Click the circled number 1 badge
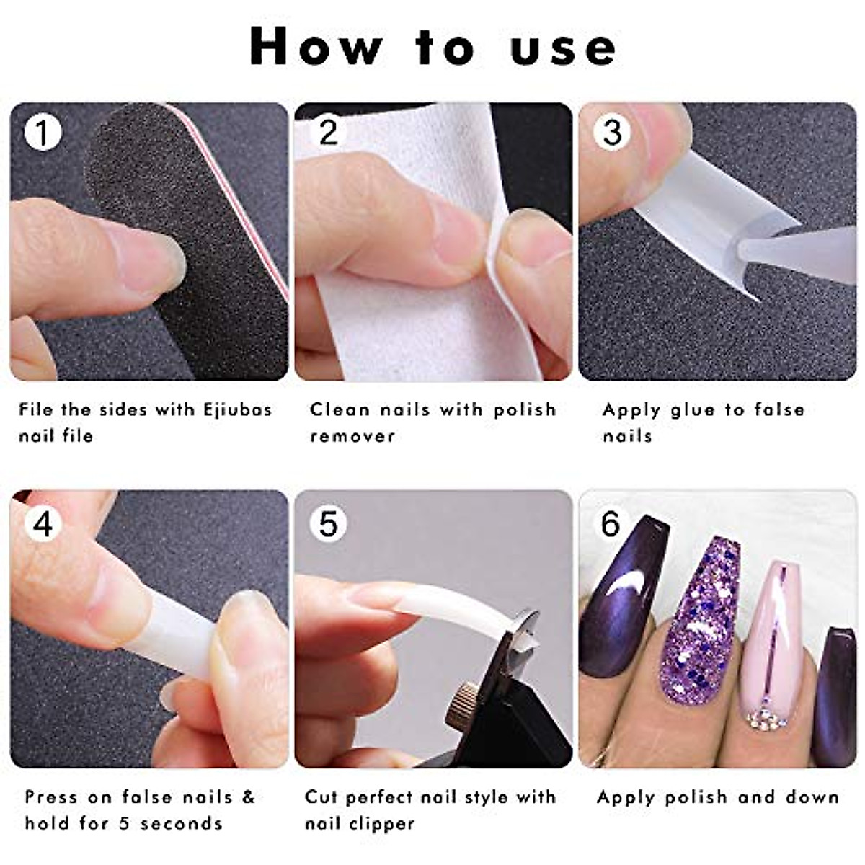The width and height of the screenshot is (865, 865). (43, 134)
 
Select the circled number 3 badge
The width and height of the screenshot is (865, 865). (612, 133)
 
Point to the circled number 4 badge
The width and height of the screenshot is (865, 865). (43, 524)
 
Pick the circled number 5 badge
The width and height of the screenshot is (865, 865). (327, 524)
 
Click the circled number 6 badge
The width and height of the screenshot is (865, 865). (611, 524)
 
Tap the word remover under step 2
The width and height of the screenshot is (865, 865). (352, 436)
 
